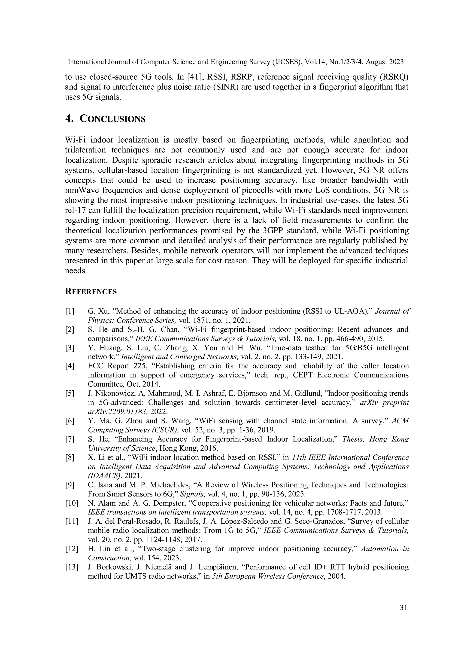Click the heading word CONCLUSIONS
point(112,119)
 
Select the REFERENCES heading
point(91,292)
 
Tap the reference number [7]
point(70,439)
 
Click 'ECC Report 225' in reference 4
point(108,366)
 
